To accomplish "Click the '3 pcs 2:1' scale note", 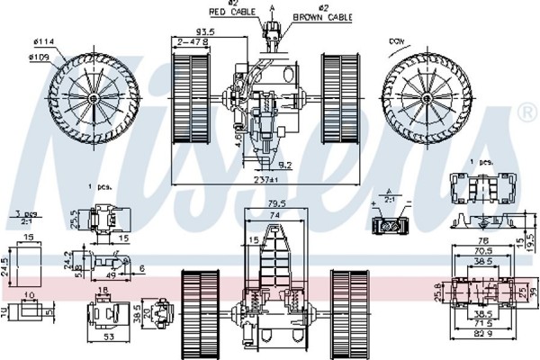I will (22, 218).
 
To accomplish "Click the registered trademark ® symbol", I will (526, 112).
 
